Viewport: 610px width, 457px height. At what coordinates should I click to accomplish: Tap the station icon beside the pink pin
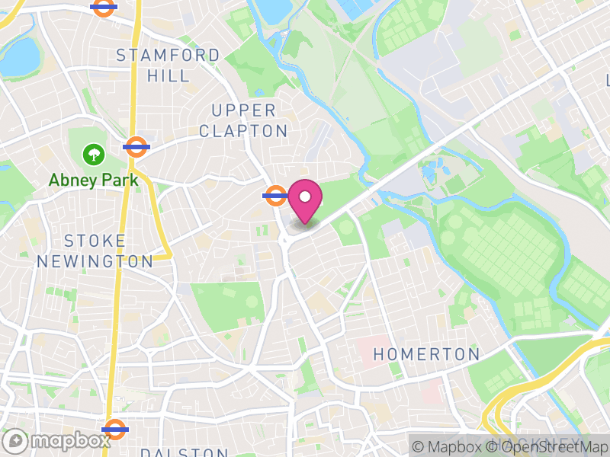tap(274, 196)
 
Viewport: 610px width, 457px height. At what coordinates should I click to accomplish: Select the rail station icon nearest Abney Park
tap(136, 146)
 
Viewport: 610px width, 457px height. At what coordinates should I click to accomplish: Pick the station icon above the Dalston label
tap(114, 429)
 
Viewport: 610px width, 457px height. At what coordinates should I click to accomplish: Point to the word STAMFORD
tap(167, 56)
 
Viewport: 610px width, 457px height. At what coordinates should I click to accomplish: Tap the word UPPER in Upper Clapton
tap(243, 111)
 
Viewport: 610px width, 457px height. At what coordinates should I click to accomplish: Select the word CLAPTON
tap(243, 131)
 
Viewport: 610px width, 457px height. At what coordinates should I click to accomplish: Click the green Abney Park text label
tap(94, 181)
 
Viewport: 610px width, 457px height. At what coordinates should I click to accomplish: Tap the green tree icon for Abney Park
tap(94, 155)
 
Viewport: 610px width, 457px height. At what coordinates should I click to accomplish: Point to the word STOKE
tap(95, 241)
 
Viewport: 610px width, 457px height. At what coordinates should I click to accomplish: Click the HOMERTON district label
tap(426, 355)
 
